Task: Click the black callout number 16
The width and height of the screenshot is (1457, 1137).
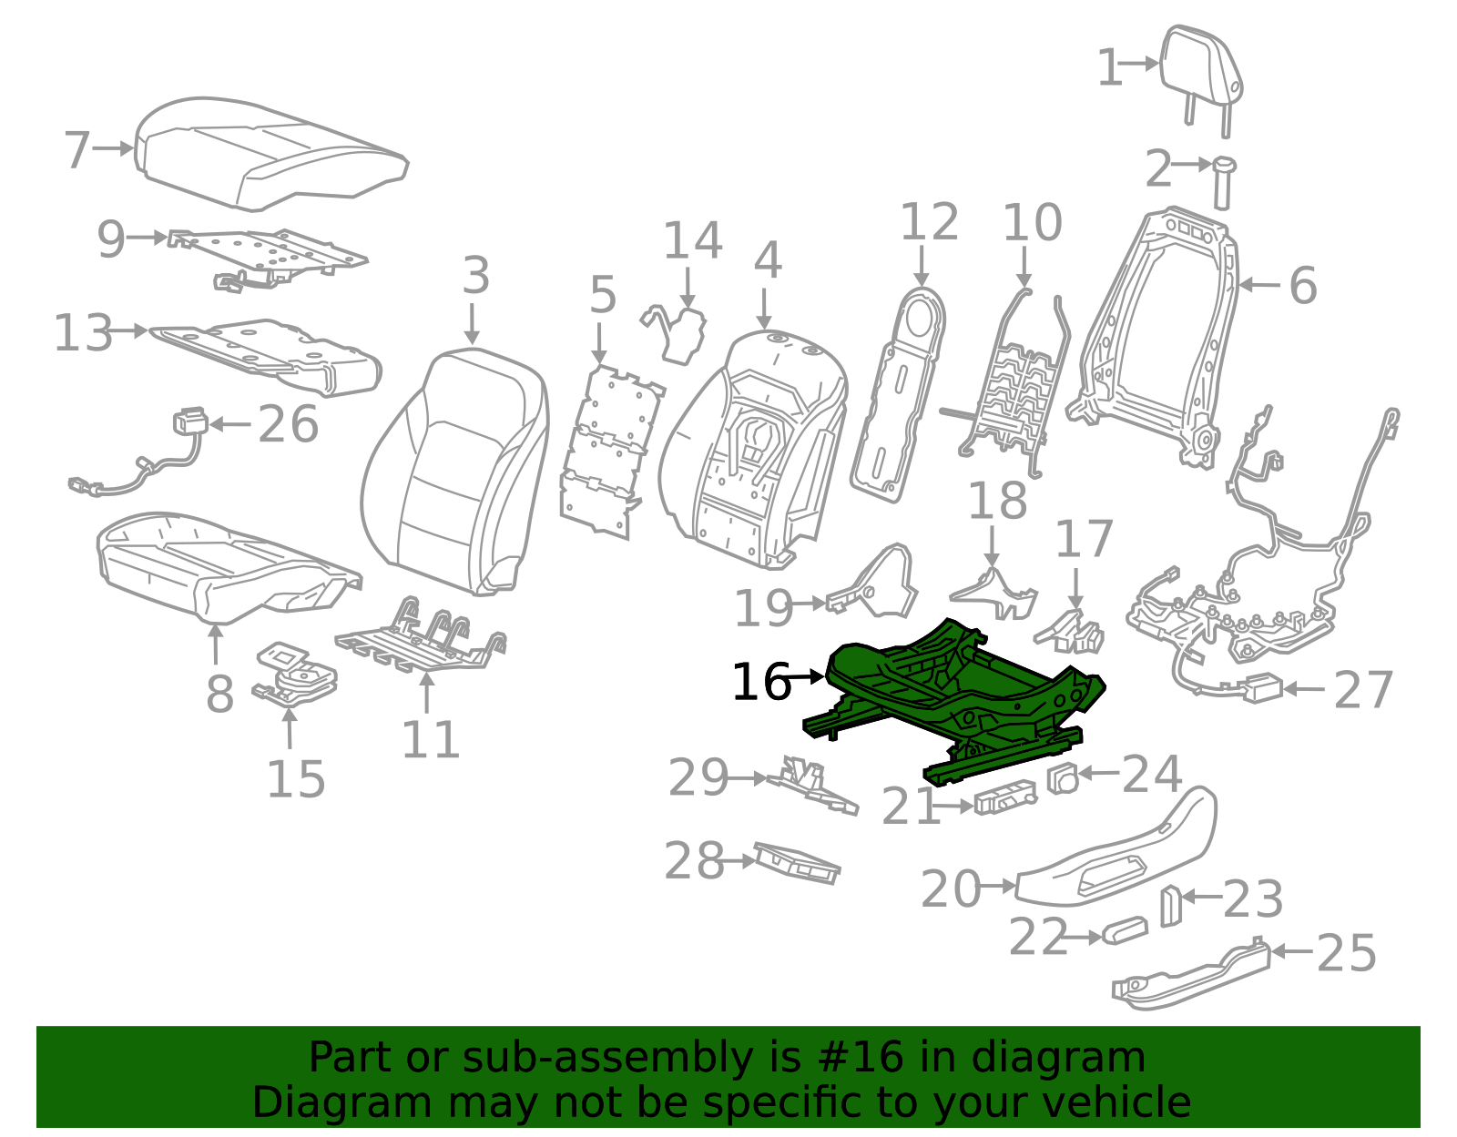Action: click(761, 682)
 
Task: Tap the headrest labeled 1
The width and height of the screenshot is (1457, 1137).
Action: click(1202, 68)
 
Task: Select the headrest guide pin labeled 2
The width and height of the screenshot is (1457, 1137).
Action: click(1223, 181)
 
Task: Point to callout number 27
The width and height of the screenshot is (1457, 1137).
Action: click(1363, 690)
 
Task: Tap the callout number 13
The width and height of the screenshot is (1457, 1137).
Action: click(83, 333)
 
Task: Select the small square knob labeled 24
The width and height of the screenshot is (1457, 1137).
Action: click(1063, 778)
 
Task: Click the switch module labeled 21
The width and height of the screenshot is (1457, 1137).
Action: click(1004, 797)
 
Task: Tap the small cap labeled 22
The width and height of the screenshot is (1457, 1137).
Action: click(1125, 931)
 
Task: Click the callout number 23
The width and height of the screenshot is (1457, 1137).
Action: click(1252, 899)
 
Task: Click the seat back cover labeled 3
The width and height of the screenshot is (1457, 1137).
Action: click(455, 473)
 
